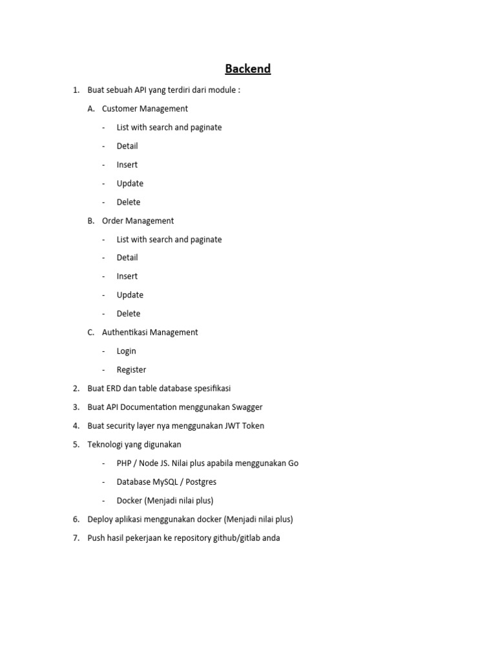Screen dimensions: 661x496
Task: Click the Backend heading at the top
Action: pyautogui.click(x=247, y=68)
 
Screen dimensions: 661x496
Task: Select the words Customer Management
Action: pyautogui.click(x=145, y=108)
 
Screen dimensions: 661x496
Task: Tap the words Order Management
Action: pyautogui.click(x=138, y=221)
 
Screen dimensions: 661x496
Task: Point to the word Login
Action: pyautogui.click(x=126, y=351)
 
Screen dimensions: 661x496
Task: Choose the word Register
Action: pyautogui.click(x=131, y=370)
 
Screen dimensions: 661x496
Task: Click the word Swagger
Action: pyautogui.click(x=243, y=407)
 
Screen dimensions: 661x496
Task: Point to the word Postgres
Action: pyautogui.click(x=201, y=482)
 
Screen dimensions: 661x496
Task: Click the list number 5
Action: pyautogui.click(x=76, y=445)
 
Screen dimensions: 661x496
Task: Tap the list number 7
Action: pyautogui.click(x=76, y=538)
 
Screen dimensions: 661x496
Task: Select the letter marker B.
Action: pyautogui.click(x=91, y=221)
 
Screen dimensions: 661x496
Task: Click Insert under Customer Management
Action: pyautogui.click(x=127, y=165)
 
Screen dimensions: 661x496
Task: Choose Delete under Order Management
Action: pyautogui.click(x=129, y=314)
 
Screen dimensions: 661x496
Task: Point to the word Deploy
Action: pyautogui.click(x=101, y=519)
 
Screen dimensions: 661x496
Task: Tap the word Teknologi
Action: pyautogui.click(x=107, y=445)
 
